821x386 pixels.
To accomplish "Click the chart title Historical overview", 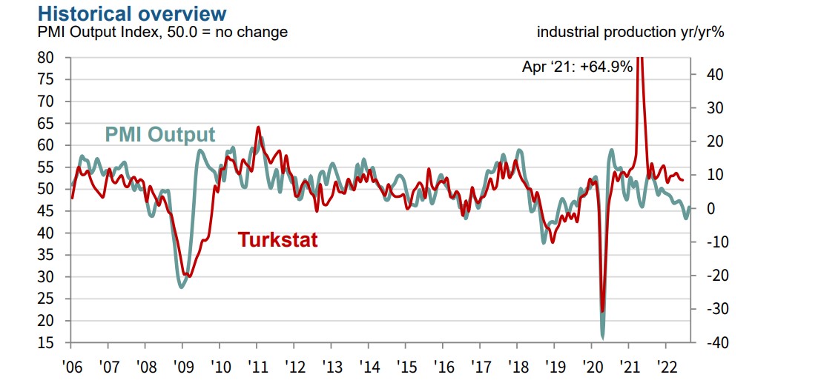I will pyautogui.click(x=132, y=13).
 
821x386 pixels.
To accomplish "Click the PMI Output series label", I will pyautogui.click(x=159, y=135).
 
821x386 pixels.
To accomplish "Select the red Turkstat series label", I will pyautogui.click(x=278, y=240).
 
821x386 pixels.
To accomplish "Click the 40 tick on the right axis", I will pyautogui.click(x=706, y=75).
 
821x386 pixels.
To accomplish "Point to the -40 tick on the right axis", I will pyautogui.click(x=705, y=343).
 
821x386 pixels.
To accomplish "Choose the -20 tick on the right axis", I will pyautogui.click(x=705, y=276).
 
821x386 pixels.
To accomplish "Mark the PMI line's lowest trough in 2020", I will pyautogui.click(x=602, y=337).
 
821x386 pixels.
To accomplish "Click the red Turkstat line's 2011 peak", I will pyautogui.click(x=258, y=127).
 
